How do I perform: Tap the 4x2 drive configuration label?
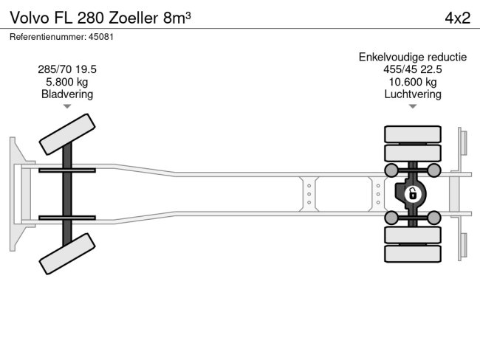pos(457,18)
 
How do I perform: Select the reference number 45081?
pos(61,36)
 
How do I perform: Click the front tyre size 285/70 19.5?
pos(67,69)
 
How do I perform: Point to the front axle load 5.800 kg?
pos(67,82)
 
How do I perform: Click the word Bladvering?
pos(67,94)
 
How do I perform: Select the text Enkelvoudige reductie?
pos(412,57)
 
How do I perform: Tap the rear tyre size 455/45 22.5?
pos(412,69)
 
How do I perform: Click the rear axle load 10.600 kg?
pos(412,82)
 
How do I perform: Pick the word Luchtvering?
pos(412,94)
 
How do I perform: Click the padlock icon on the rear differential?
pos(412,195)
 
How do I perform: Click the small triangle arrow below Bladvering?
pos(67,106)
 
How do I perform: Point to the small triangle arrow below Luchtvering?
pos(412,106)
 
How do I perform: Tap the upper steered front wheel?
pos(66,134)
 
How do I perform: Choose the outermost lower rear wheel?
pos(412,254)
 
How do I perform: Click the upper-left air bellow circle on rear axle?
pos(391,170)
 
